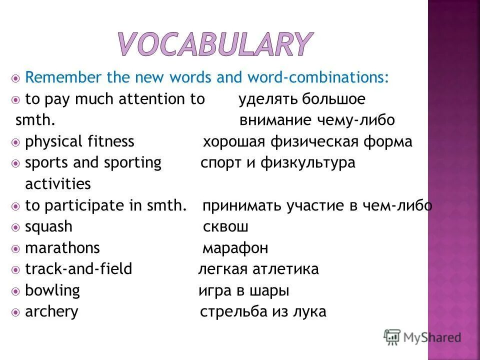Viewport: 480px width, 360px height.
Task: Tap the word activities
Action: [x=58, y=184]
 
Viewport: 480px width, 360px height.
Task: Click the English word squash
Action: [x=48, y=226]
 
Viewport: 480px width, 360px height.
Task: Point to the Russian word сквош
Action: [x=225, y=227]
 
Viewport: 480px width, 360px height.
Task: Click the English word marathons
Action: [x=62, y=248]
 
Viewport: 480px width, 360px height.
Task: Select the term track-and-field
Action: [x=78, y=269]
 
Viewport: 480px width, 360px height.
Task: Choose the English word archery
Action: [x=51, y=312]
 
